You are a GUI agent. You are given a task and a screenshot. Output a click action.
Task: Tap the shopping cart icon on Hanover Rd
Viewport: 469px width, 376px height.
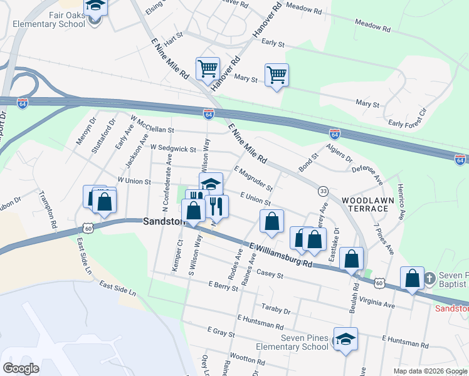pos(208,69)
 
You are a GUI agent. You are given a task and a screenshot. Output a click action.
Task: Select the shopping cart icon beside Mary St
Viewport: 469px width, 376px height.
pos(277,75)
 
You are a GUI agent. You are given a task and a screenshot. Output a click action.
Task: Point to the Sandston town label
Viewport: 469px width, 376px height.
pos(164,221)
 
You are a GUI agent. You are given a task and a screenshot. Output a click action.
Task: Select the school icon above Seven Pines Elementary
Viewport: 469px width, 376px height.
pos(345,339)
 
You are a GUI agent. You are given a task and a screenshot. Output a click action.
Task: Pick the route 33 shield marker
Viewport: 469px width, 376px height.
pos(323,191)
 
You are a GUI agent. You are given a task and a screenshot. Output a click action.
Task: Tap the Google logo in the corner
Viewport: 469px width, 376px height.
pos(21,368)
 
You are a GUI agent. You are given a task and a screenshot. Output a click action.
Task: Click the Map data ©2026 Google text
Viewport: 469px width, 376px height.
pos(429,371)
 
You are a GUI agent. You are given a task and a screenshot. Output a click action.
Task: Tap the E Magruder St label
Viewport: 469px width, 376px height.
pos(253,179)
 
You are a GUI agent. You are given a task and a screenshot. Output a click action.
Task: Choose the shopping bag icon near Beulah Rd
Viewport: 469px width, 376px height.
pos(352,258)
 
